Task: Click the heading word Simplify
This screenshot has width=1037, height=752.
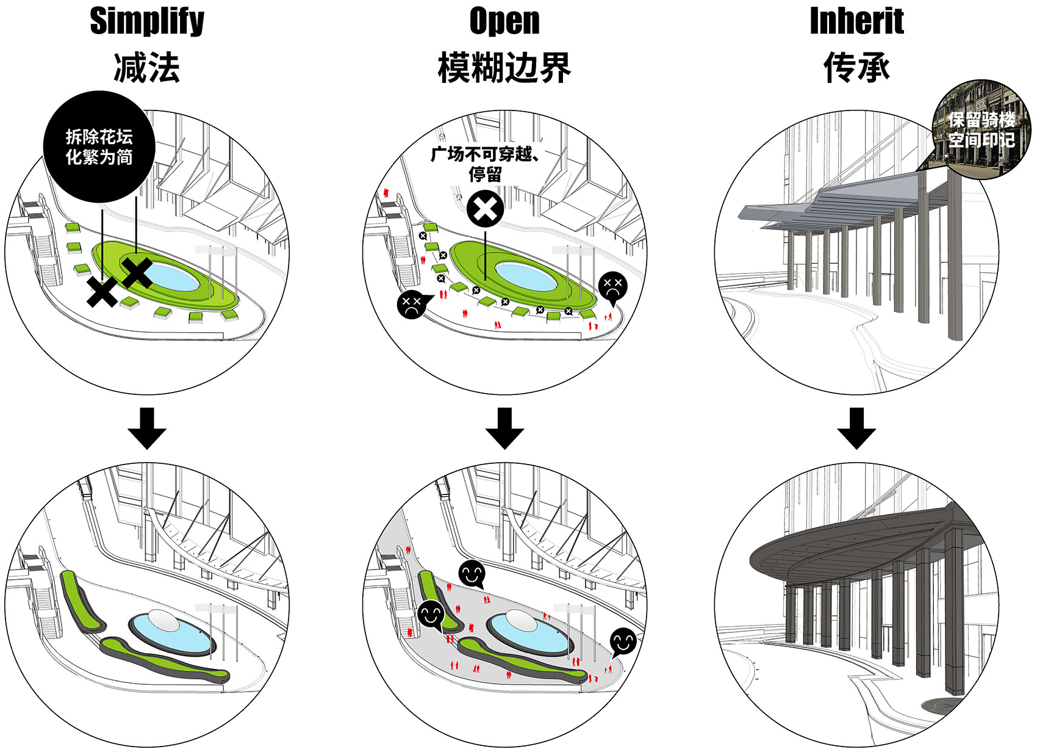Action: coord(147,21)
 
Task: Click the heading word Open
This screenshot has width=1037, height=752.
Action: coord(504,21)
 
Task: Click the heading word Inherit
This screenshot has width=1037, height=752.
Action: coord(856,21)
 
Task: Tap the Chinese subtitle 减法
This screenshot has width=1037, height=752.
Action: coord(147,67)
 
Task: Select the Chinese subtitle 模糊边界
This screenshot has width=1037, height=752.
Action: coord(504,67)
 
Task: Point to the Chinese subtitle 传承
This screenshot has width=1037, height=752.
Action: coord(856,67)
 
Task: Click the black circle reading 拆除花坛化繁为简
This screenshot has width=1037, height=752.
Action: coord(99,146)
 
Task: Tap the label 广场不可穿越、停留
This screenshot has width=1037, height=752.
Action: coord(485,164)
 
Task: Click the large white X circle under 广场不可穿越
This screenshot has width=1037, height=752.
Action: coord(486,209)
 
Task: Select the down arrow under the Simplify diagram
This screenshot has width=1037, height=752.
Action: coord(147,428)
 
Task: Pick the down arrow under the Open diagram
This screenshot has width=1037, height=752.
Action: coord(504,428)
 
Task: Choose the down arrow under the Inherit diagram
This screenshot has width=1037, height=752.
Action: coord(856,428)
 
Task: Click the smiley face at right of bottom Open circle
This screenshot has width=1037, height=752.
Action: coord(623,642)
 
